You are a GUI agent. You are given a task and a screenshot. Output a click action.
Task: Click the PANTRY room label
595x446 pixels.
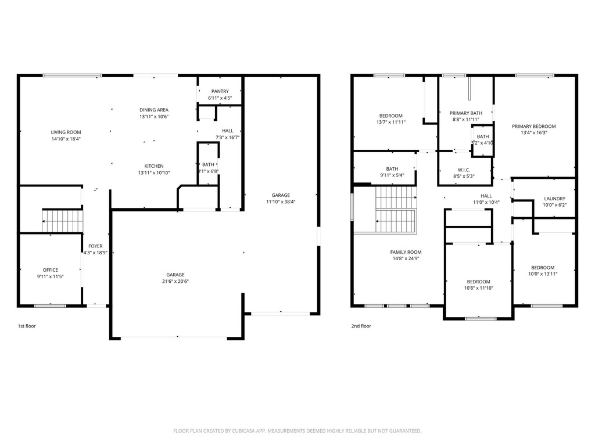pyautogui.click(x=220, y=91)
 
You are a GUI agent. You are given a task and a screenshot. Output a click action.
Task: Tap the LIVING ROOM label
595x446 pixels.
pyautogui.click(x=66, y=132)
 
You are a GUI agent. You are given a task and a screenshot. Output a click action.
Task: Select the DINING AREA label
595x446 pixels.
pyautogui.click(x=154, y=110)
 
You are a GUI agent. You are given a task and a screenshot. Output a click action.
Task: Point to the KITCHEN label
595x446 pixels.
pyautogui.click(x=154, y=166)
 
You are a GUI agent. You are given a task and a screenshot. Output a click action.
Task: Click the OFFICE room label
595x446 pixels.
pyautogui.click(x=50, y=270)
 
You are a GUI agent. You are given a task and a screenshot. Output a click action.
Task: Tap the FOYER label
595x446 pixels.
pyautogui.click(x=95, y=246)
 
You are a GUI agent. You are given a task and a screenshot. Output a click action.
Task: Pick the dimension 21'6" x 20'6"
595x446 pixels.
pyautogui.click(x=175, y=282)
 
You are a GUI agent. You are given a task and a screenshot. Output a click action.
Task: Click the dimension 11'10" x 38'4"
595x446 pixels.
pyautogui.click(x=281, y=202)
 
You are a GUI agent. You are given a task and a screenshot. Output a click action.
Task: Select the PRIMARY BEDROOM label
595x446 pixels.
pyautogui.click(x=533, y=127)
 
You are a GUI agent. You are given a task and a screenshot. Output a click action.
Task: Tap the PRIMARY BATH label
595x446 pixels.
pyautogui.click(x=466, y=113)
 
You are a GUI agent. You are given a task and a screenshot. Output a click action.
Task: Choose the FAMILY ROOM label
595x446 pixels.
pyautogui.click(x=406, y=252)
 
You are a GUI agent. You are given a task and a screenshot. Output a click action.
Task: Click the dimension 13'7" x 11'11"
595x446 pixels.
pyautogui.click(x=390, y=123)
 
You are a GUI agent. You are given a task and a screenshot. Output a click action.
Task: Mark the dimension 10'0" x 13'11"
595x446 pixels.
pyautogui.click(x=543, y=274)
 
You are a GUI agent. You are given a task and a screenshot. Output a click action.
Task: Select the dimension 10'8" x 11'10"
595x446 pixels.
pyautogui.click(x=479, y=288)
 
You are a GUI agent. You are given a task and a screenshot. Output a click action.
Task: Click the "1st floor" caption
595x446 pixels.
pyautogui.click(x=27, y=326)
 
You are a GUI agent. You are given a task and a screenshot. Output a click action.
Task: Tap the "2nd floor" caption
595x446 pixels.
pyautogui.click(x=361, y=326)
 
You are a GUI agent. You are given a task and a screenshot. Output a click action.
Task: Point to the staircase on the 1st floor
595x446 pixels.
pyautogui.click(x=62, y=221)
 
